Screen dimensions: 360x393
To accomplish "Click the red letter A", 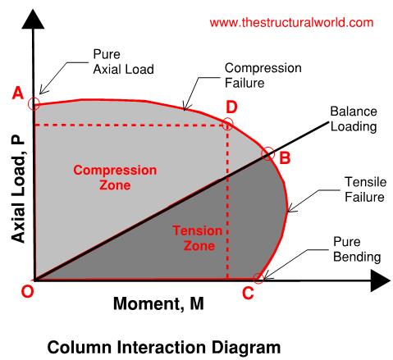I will click(x=17, y=93).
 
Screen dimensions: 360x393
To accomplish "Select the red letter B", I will click(x=285, y=159).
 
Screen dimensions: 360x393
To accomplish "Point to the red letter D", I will click(x=231, y=107).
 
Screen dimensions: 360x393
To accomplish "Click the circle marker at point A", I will click(x=34, y=103).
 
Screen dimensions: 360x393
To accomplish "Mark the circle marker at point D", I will click(x=227, y=124).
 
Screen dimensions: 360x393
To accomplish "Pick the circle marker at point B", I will click(x=267, y=153).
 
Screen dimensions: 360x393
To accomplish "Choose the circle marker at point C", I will click(x=259, y=279).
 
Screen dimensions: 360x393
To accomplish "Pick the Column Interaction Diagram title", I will click(x=164, y=347).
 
